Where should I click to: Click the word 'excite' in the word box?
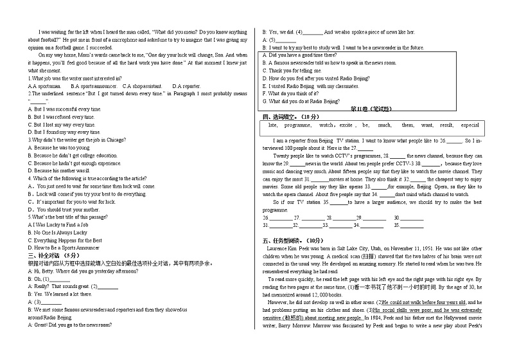pos(346,125)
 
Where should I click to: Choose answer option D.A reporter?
pos(186,86)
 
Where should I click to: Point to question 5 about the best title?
pos(65,217)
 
